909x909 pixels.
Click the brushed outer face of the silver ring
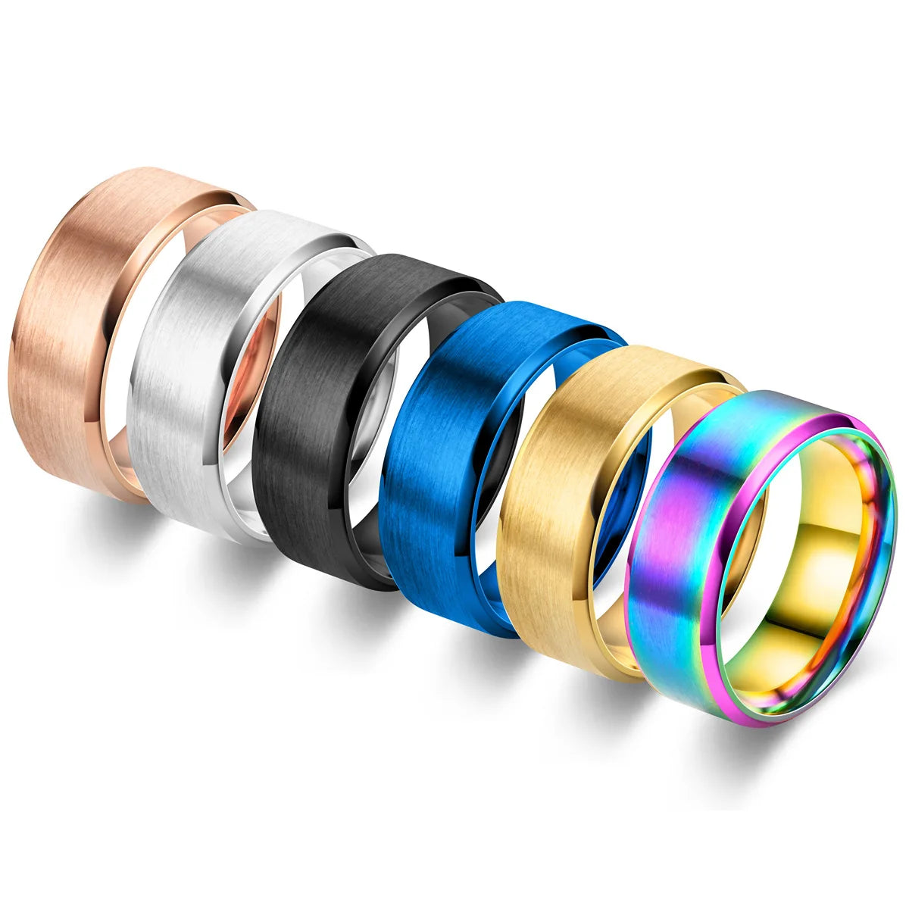[189, 364]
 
